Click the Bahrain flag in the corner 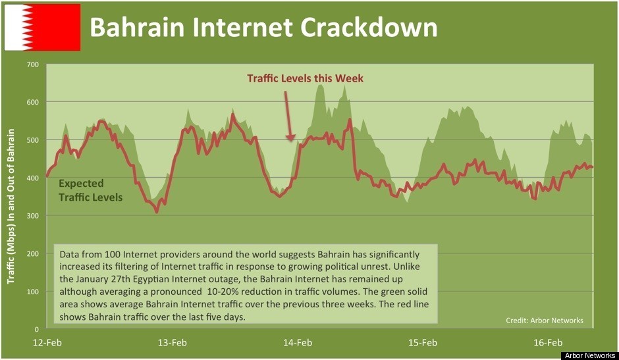pos(42,27)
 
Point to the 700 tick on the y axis pos(33,64)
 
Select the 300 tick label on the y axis pos(33,216)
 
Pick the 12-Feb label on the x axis pos(47,342)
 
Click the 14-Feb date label pos(298,342)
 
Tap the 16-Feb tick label pos(548,342)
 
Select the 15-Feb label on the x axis pos(423,342)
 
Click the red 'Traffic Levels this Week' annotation pos(305,78)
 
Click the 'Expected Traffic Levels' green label pos(90,190)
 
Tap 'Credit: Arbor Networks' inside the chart pos(544,321)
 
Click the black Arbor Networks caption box pos(589,355)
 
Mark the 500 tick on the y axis pos(33,140)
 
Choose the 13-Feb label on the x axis pos(173,342)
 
